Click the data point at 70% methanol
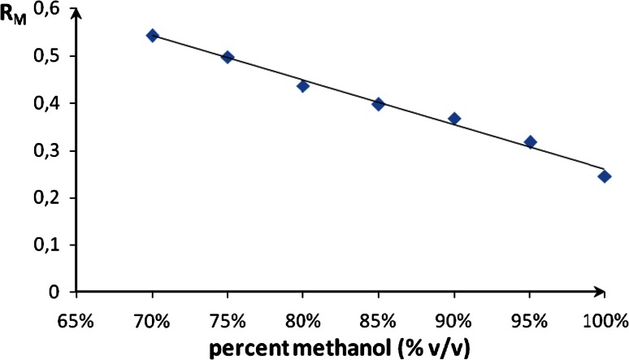pos(152,36)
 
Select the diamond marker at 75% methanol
pos(228,57)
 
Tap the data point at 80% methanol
pos(303,85)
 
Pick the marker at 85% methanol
pos(378,104)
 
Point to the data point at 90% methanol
pos(454,119)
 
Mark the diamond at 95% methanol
pos(530,142)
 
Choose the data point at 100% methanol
pos(605,176)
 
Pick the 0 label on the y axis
pos(57,292)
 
